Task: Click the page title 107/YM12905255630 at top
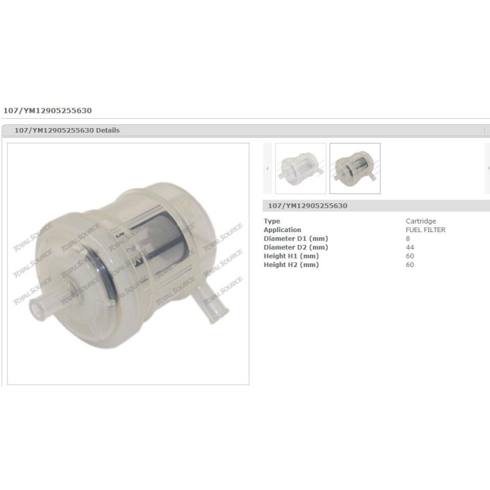coord(48,111)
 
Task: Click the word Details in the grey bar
coord(108,130)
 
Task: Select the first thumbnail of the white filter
coord(301,168)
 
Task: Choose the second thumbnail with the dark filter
coord(355,168)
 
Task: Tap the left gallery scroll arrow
coord(268,168)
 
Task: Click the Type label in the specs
coord(272,221)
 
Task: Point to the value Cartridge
coord(421,221)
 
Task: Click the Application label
coord(282,230)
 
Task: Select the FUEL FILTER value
coord(425,230)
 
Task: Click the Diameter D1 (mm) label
coord(296,238)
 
